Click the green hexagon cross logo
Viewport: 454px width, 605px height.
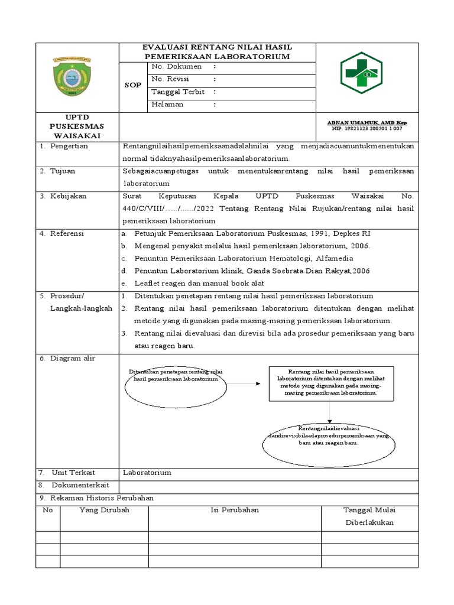(x=365, y=77)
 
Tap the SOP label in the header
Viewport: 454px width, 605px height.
(x=133, y=85)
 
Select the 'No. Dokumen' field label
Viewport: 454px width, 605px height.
(x=177, y=67)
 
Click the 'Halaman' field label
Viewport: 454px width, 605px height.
(x=168, y=104)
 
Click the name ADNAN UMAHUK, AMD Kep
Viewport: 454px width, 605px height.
(x=367, y=122)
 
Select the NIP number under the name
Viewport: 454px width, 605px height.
(x=367, y=128)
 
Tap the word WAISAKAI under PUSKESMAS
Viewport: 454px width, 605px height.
(x=77, y=135)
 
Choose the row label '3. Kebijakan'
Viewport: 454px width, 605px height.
(x=64, y=196)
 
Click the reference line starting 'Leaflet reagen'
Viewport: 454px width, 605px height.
(x=192, y=283)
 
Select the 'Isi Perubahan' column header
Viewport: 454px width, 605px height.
(x=235, y=510)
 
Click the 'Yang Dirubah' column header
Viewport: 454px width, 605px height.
(x=104, y=510)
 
